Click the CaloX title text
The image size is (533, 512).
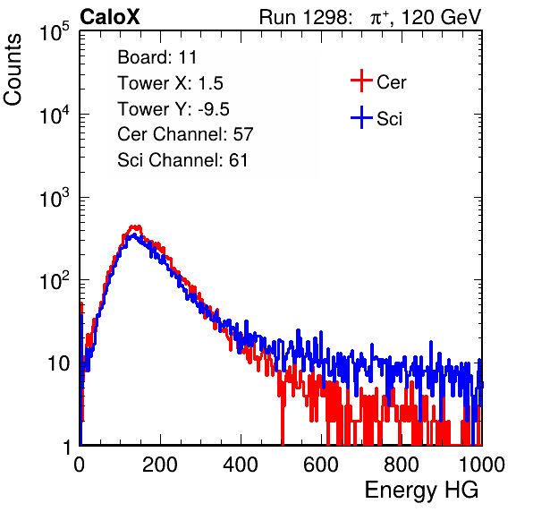pyautogui.click(x=110, y=17)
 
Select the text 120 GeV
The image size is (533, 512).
pyautogui.click(x=441, y=17)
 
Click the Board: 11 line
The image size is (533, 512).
pyautogui.click(x=157, y=57)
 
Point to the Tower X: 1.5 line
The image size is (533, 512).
pyautogui.click(x=170, y=83)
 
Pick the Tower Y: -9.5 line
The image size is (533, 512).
pyautogui.click(x=173, y=109)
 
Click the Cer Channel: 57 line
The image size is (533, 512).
pyautogui.click(x=185, y=134)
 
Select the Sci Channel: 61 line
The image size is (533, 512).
pyautogui.click(x=182, y=160)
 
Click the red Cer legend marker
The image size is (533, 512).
pyautogui.click(x=361, y=81)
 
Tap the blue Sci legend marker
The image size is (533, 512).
pyautogui.click(x=361, y=118)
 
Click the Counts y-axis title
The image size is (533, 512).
pyautogui.click(x=13, y=70)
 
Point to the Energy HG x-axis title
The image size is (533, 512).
pyautogui.click(x=422, y=491)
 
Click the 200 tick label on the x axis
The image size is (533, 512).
pyautogui.click(x=160, y=465)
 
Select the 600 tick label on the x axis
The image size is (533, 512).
pyautogui.click(x=321, y=465)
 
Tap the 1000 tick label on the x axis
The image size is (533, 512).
pyautogui.click(x=482, y=465)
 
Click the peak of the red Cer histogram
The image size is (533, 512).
pyautogui.click(x=135, y=226)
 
